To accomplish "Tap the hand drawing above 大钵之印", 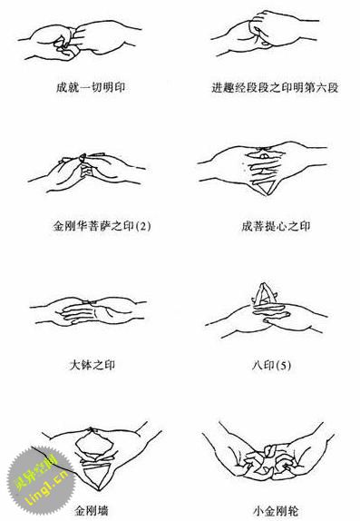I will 90,313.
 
